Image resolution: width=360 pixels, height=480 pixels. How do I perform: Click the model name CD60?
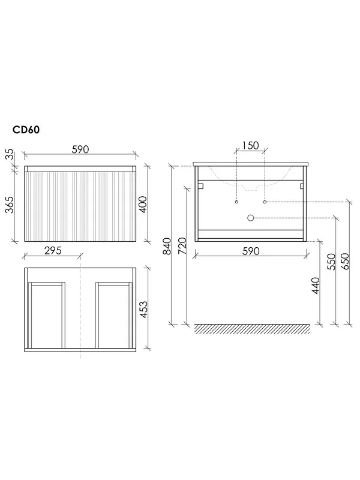26,130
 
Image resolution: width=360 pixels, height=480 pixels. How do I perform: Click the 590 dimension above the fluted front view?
80,149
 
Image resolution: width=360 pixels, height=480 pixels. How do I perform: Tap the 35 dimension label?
10,154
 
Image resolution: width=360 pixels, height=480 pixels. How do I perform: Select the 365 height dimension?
10,205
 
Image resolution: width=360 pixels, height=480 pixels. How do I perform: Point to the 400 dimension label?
143,205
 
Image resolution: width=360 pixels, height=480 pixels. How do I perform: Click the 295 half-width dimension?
53,250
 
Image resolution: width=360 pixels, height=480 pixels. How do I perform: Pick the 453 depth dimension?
143,310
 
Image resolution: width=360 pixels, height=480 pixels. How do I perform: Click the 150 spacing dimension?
250,145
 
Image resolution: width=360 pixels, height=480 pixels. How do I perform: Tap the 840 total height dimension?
167,246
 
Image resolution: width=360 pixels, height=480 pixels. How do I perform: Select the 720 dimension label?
182,246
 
